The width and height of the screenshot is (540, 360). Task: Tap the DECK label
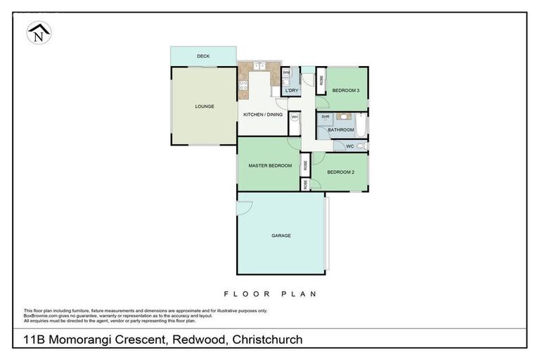tap(203, 56)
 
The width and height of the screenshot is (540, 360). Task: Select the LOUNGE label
tap(205, 106)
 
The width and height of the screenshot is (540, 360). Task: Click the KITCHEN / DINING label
tap(262, 115)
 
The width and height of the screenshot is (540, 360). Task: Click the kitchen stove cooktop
tap(243, 87)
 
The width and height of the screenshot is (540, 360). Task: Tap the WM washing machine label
tap(286, 72)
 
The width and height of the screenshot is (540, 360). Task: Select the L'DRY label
tap(292, 91)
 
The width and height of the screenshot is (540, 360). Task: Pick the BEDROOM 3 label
tap(346, 91)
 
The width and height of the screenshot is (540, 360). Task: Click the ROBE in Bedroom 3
tap(321, 81)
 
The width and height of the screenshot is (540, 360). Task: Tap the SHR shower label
tap(326, 117)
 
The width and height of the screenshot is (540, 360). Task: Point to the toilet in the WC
tap(359, 146)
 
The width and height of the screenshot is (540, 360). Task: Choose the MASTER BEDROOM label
tap(270, 166)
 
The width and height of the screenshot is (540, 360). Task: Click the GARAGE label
tap(281, 236)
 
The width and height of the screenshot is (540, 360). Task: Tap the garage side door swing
tap(243, 208)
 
